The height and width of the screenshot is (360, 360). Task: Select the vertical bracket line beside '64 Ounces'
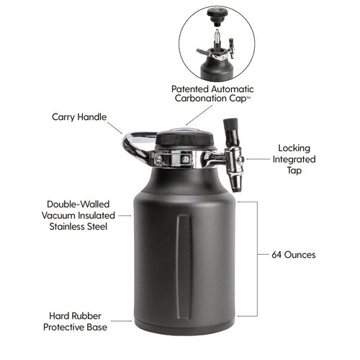click(x=256, y=259)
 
